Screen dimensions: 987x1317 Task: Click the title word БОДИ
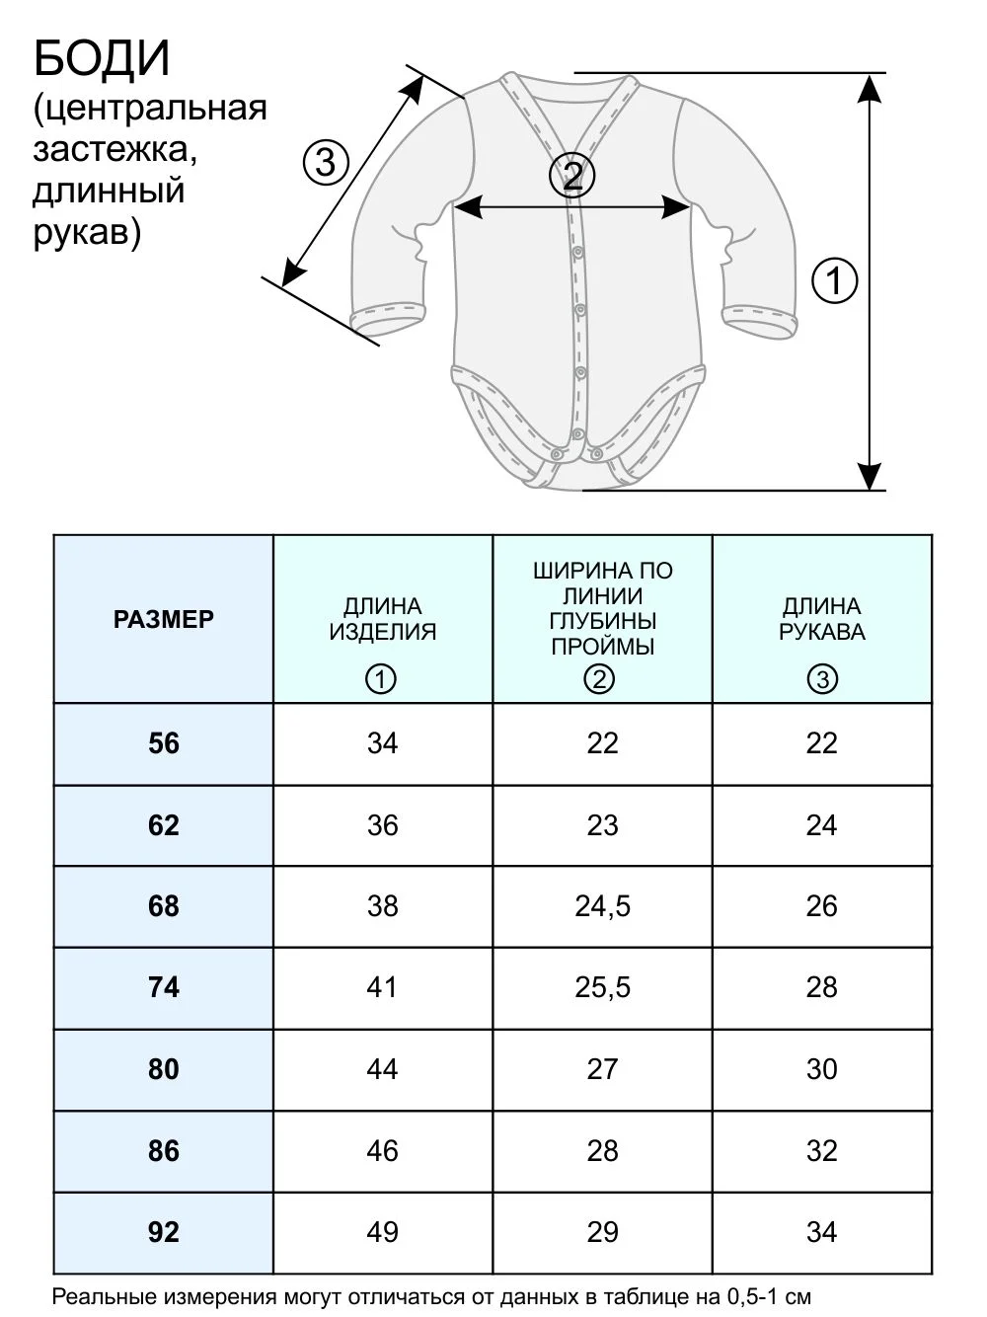tap(102, 58)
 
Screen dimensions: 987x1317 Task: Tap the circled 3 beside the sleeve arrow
tap(326, 163)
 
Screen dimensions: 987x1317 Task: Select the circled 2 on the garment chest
tap(572, 177)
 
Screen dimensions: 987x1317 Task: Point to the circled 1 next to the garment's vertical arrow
tap(835, 280)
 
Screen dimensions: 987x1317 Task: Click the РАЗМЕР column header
tap(164, 619)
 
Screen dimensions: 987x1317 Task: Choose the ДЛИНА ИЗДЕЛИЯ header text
tap(383, 619)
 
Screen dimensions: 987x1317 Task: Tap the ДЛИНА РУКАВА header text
tap(822, 619)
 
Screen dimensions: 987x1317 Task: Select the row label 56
tap(164, 743)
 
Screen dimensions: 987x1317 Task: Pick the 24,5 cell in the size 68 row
tap(603, 906)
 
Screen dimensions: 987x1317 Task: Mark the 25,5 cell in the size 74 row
tap(603, 987)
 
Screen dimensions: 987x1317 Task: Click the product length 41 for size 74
tap(382, 987)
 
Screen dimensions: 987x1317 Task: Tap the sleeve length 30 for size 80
tap(822, 1069)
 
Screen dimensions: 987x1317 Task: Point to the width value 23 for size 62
tap(603, 825)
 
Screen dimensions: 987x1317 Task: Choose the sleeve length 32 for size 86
tap(822, 1151)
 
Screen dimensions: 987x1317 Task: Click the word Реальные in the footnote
tap(106, 1296)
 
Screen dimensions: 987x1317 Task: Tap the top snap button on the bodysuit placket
tap(578, 253)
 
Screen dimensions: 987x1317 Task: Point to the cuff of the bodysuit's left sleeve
tap(388, 321)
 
